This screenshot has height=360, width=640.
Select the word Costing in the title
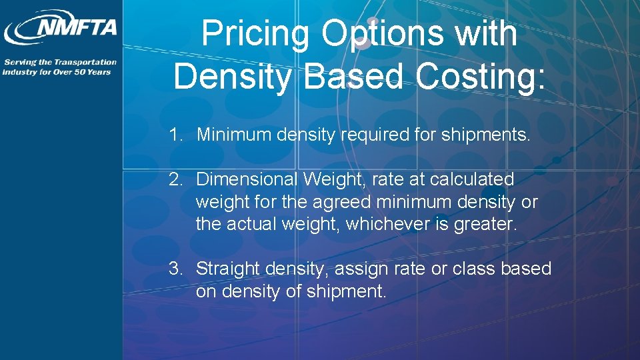pos(481,75)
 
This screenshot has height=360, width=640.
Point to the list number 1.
pos(175,135)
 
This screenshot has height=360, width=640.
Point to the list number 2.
pos(175,179)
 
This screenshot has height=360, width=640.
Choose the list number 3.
pos(175,269)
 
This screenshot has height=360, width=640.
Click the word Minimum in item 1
pos(234,135)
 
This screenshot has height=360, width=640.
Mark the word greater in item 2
pos(484,224)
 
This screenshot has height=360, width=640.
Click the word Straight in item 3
pos(228,269)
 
